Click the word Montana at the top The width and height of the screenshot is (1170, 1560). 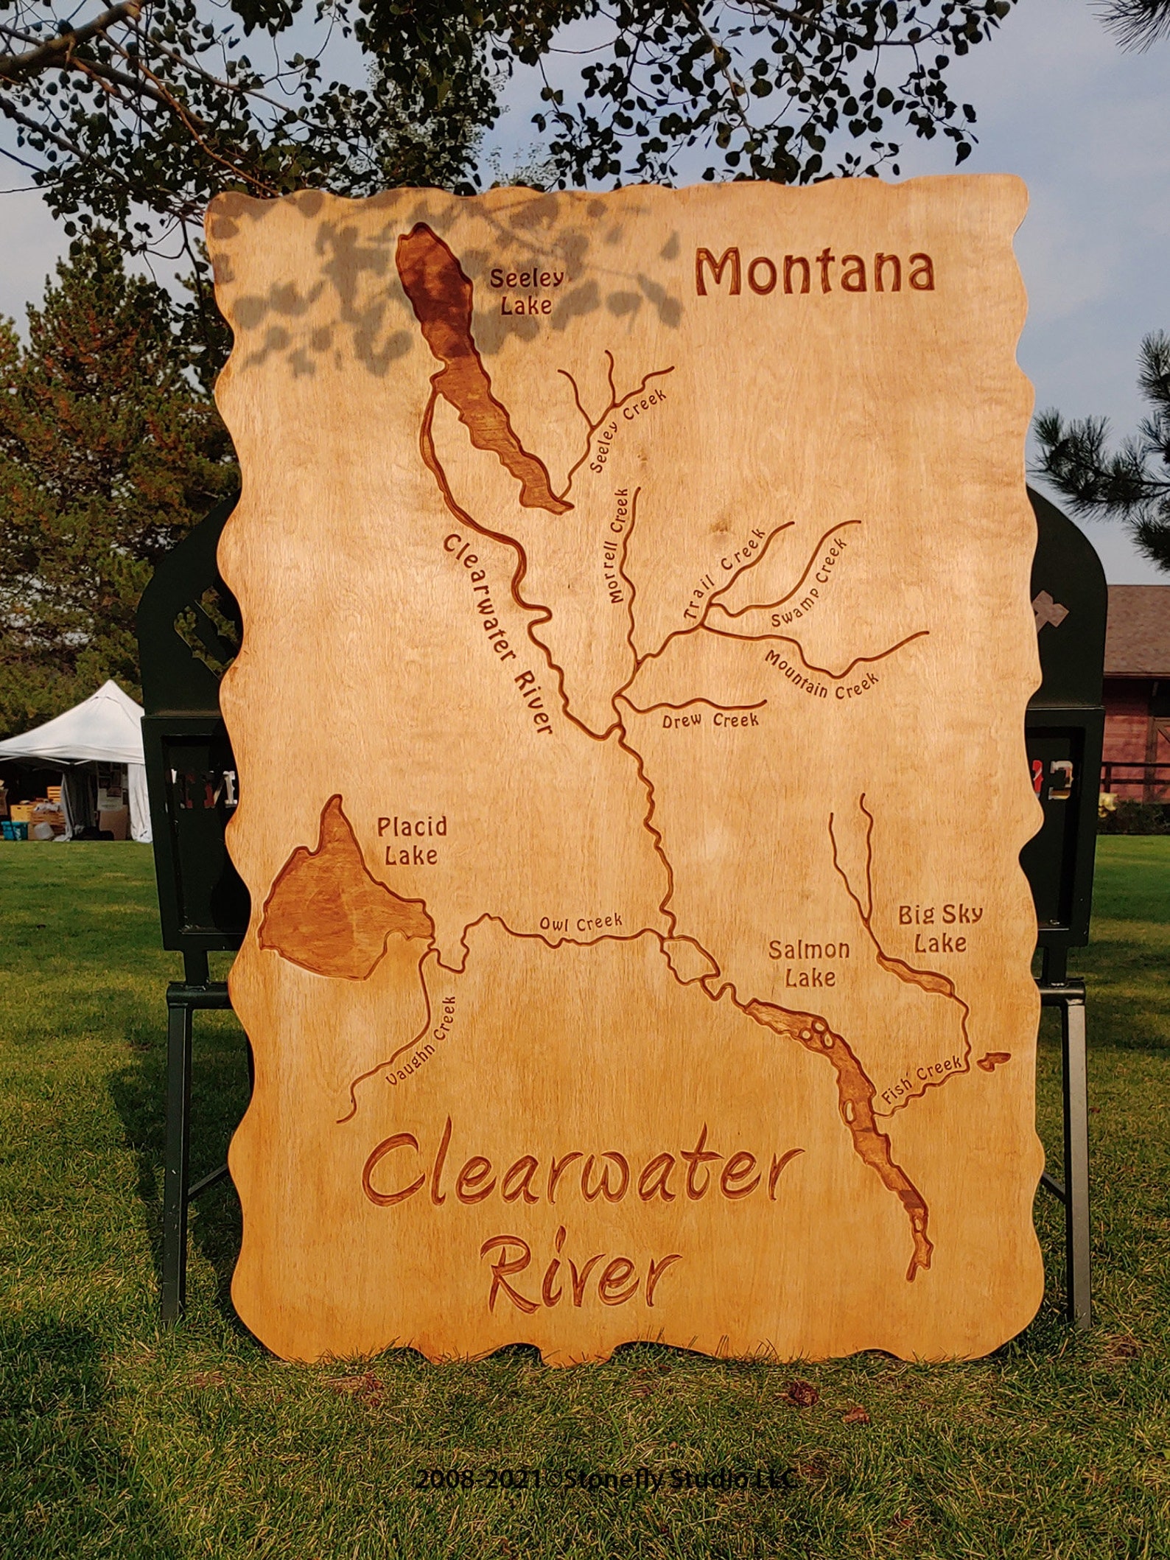[x=814, y=271]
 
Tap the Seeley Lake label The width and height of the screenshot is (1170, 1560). [x=527, y=291]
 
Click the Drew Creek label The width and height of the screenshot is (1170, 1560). [x=710, y=720]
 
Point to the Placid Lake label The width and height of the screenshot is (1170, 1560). [x=412, y=840]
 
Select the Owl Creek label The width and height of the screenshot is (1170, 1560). [x=581, y=923]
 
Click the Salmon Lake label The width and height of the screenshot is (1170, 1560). [x=809, y=964]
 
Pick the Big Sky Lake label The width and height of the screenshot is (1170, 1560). [x=939, y=928]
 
